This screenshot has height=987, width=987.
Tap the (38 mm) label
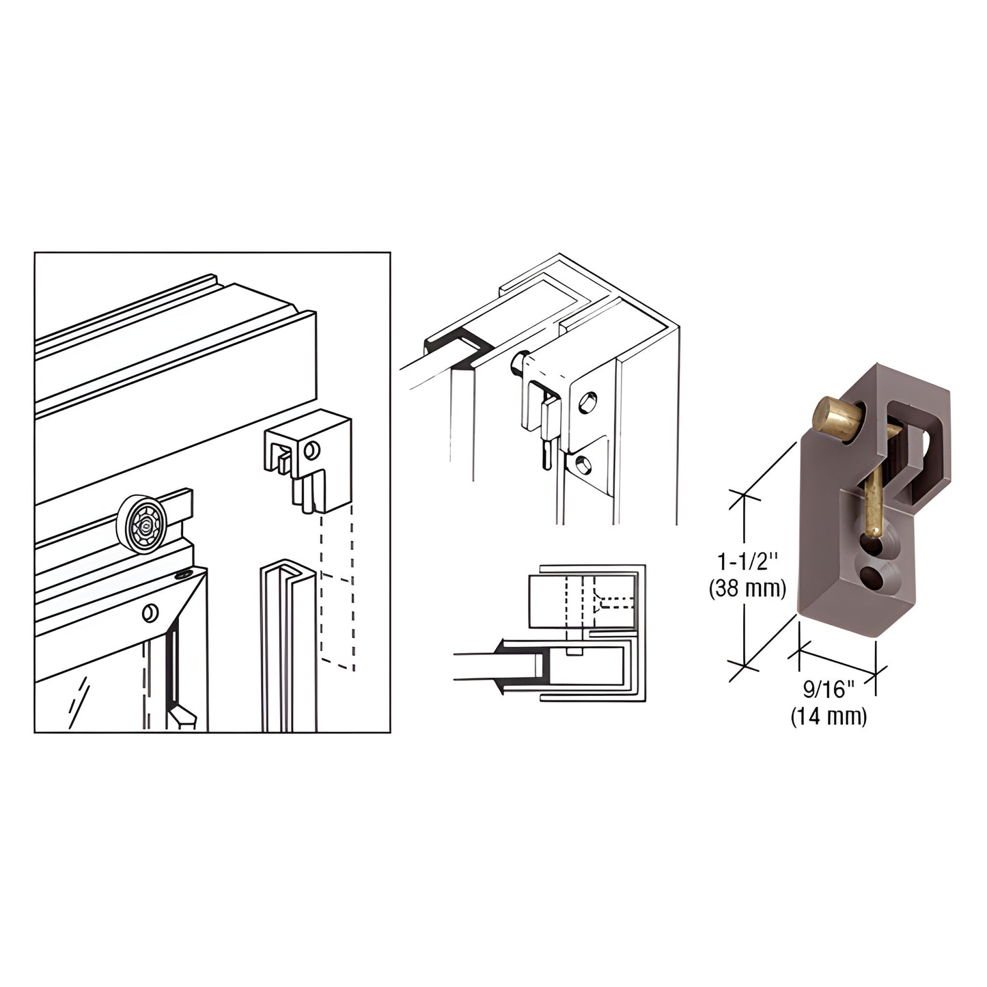(747, 587)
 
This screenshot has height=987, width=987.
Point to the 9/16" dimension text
(829, 690)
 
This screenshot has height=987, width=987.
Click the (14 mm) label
(829, 717)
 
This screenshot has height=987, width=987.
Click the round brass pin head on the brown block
(832, 417)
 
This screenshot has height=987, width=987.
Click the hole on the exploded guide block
(312, 450)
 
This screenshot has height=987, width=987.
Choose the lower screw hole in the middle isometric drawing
(581, 465)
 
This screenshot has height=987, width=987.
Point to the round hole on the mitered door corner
(150, 612)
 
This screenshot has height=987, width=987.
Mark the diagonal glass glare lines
(79, 695)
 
